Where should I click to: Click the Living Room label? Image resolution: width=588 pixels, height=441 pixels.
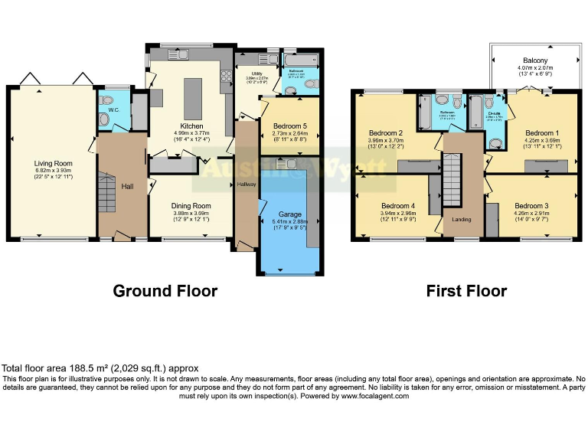pos(52,163)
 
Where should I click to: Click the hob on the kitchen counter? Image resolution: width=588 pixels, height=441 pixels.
pos(227,77)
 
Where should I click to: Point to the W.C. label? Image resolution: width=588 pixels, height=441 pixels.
pos(113,109)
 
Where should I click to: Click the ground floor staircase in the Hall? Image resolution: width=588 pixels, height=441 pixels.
pos(107,191)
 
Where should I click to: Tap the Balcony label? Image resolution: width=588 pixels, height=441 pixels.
pos(535,60)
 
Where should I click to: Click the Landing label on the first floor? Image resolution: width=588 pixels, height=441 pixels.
pos(462,220)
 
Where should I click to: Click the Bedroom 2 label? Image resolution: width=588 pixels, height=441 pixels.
pos(386,132)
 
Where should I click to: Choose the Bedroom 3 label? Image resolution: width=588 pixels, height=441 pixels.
pos(531,206)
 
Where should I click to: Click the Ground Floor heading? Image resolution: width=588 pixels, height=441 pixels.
pos(165,291)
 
